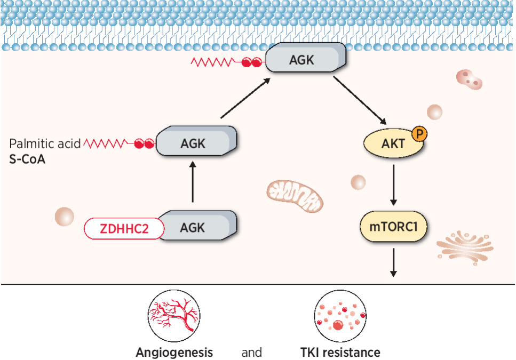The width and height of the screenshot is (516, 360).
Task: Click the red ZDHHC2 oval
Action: (x=123, y=228)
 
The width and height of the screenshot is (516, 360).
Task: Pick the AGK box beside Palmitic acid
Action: (x=197, y=142)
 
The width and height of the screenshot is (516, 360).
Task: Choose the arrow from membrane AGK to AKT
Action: (x=360, y=100)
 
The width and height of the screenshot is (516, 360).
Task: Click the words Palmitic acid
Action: (x=45, y=143)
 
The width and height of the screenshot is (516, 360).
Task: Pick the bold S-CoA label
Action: (x=27, y=159)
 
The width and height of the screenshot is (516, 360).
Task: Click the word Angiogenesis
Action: (x=174, y=353)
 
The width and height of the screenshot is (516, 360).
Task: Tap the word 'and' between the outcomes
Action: (x=252, y=353)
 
